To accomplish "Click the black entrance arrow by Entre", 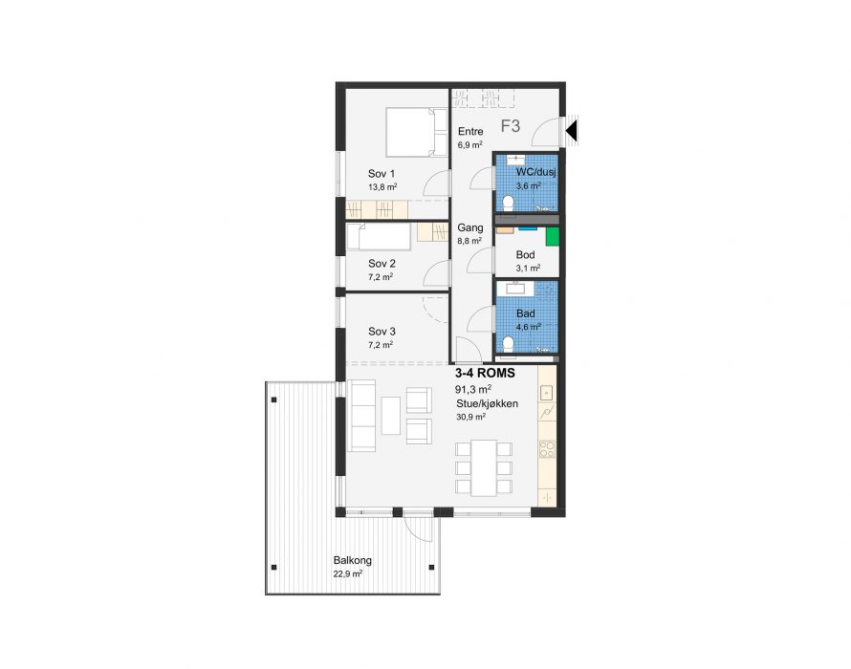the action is pos(572,131).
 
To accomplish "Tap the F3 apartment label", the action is pos(511,126).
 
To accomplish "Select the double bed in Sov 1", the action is pos(416,133).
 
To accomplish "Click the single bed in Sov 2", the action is pos(379,237).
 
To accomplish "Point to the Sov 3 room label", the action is pos(382,331).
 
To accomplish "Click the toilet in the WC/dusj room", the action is pos(508,204).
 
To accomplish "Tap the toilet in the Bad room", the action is pos(508,345).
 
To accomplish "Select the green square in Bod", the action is pos(553,237).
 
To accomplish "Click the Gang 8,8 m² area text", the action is pos(469,241).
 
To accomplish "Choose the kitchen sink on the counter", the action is pos(547,392).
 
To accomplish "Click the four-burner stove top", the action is pos(547,448).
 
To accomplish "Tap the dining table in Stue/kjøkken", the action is pos(484,467).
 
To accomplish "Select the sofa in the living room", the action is pos(361,416).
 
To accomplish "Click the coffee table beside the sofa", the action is pos(391,416).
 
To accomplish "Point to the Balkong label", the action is pos(352,560).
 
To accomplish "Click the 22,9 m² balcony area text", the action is pos(348,574).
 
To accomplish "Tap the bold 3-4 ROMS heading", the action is pos(485,374).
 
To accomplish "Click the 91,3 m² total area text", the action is pos(473,389).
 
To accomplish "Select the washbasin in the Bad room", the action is pos(512,288).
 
